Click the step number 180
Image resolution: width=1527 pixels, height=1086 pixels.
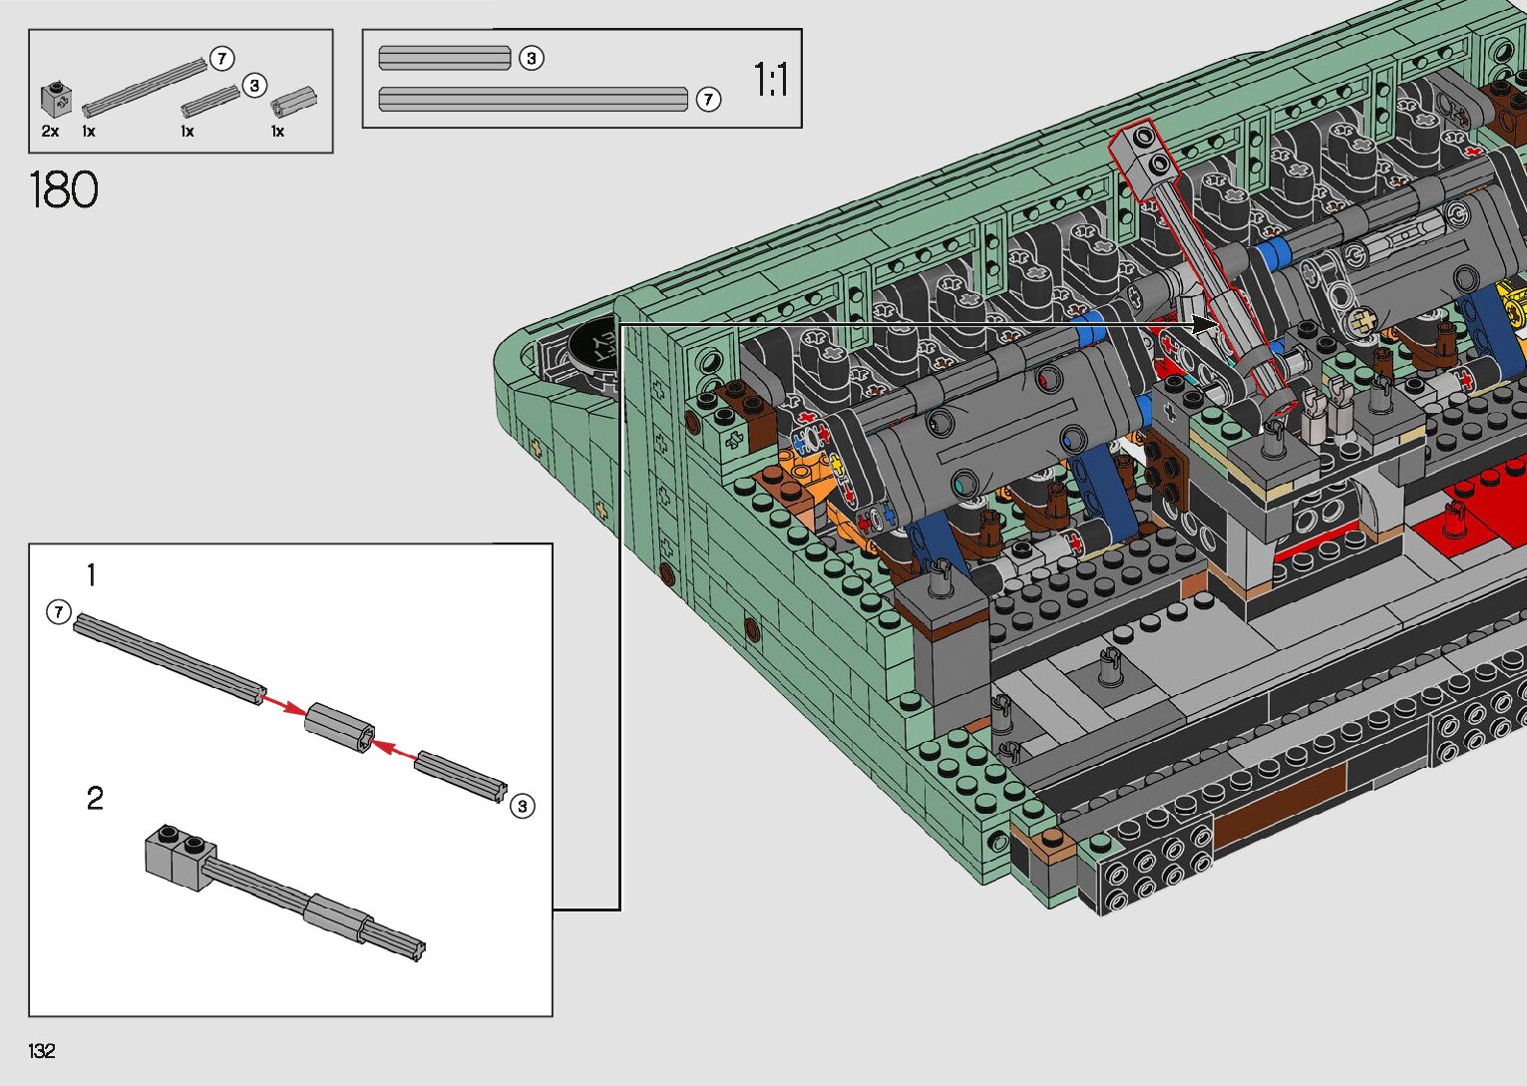(x=64, y=189)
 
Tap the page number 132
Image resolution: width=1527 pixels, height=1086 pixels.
(x=42, y=1050)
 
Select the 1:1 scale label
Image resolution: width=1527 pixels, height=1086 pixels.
(x=771, y=79)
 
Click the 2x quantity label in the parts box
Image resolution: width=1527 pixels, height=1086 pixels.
(x=50, y=131)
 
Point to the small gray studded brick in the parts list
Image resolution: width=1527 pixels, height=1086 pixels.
(x=56, y=100)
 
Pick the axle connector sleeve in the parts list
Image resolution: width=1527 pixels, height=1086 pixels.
(x=294, y=101)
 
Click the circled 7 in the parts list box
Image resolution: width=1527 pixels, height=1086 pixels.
(x=221, y=59)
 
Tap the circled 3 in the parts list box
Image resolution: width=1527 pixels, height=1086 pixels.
(x=254, y=86)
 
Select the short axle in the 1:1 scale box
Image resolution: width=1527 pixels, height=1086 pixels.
(x=445, y=58)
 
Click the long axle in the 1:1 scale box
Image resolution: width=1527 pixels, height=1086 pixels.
(x=533, y=100)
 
